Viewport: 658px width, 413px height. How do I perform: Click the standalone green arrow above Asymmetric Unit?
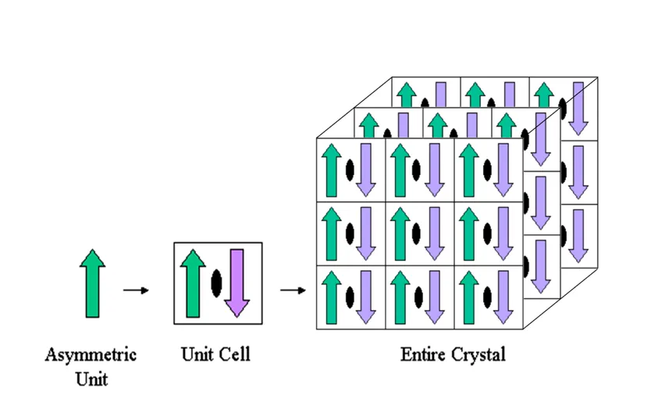point(92,283)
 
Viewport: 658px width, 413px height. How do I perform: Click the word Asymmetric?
point(91,355)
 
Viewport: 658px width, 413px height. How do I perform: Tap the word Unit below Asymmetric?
point(91,379)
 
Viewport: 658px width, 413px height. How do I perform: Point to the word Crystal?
point(478,355)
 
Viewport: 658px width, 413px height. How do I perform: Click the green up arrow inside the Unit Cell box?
point(193,283)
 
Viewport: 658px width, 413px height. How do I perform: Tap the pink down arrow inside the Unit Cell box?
point(237,283)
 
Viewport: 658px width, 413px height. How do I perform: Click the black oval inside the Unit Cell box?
point(216,283)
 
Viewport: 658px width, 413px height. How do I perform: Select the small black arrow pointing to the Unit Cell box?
point(136,290)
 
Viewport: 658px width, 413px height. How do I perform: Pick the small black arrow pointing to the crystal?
point(293,290)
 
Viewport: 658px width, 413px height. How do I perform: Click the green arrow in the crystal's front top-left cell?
point(332,170)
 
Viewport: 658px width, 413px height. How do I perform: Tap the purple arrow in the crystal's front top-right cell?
point(503,170)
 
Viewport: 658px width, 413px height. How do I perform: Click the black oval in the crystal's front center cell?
point(416,233)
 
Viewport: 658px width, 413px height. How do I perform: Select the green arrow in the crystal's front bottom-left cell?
point(332,297)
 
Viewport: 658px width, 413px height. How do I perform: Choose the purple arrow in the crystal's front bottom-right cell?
point(503,297)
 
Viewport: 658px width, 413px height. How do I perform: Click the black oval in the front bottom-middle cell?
point(418,297)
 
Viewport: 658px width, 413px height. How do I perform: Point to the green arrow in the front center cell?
point(400,233)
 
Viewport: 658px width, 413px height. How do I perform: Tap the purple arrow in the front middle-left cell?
point(366,233)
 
